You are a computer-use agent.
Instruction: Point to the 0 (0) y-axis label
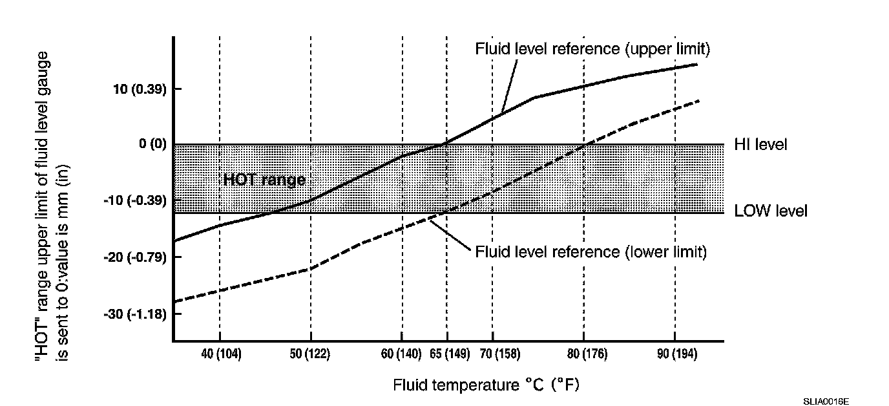pyautogui.click(x=152, y=144)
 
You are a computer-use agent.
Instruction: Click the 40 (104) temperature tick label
pyautogui.click(x=220, y=354)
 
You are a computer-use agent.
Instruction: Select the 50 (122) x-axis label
pyautogui.click(x=311, y=354)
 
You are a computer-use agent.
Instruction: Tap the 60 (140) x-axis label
pyautogui.click(x=401, y=354)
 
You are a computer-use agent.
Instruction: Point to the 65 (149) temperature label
pyautogui.click(x=446, y=354)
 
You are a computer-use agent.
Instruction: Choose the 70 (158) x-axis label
pyautogui.click(x=492, y=354)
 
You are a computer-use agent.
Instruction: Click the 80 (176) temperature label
pyautogui.click(x=583, y=354)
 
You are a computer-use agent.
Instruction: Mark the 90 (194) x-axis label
pyautogui.click(x=675, y=354)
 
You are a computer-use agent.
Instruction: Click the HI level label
pyautogui.click(x=760, y=145)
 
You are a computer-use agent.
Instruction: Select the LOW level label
pyautogui.click(x=770, y=211)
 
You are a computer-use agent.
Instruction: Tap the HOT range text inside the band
pyautogui.click(x=264, y=180)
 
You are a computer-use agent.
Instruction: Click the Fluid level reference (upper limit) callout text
pyautogui.click(x=592, y=49)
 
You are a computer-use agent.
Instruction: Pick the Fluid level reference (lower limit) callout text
pyautogui.click(x=591, y=251)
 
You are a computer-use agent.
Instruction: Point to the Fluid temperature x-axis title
pyautogui.click(x=486, y=386)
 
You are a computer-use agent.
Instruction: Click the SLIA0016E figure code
pyautogui.click(x=826, y=401)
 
